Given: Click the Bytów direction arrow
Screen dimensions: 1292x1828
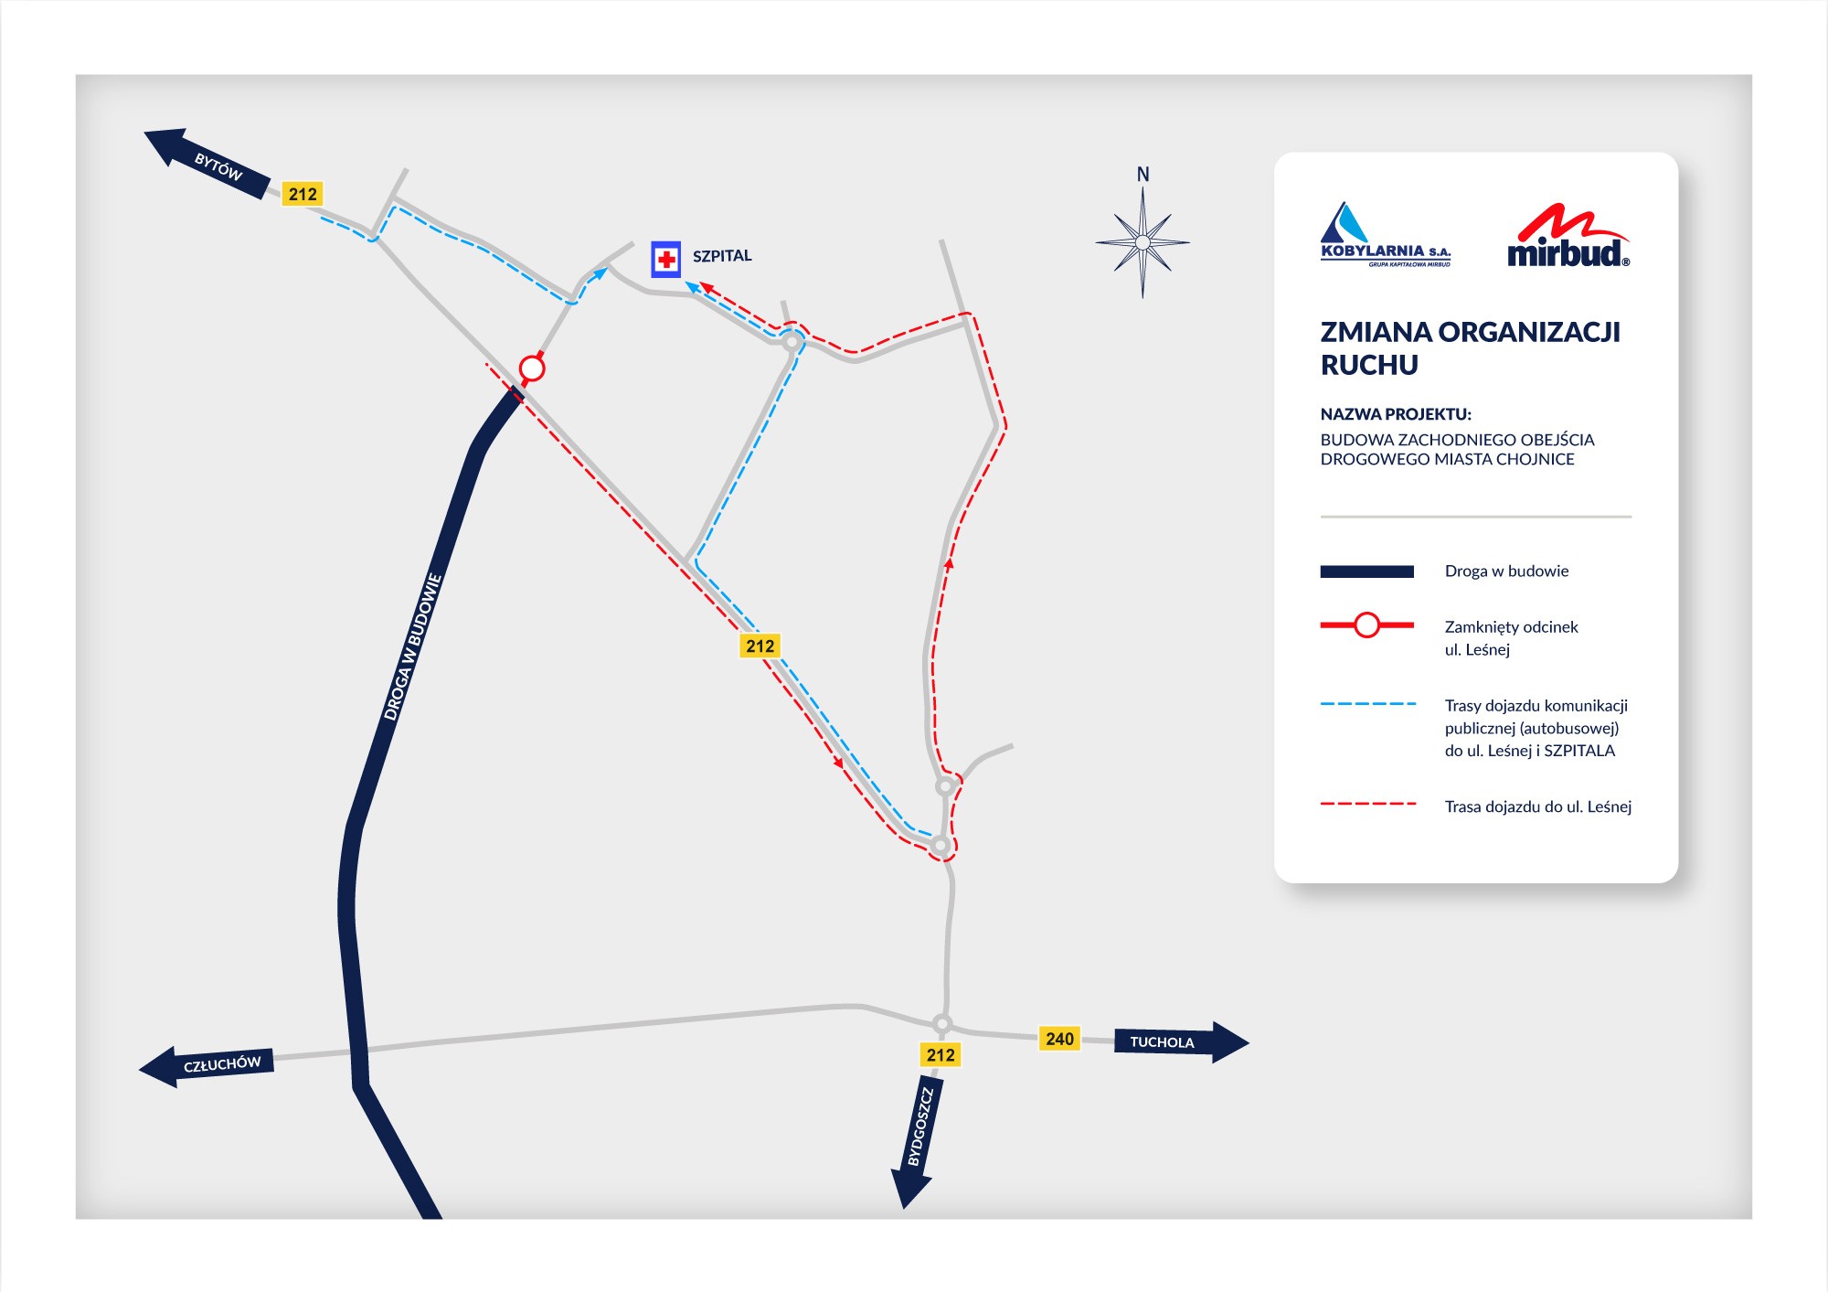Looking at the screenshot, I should click(x=208, y=163).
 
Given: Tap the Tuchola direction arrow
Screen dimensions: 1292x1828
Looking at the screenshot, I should click(x=1179, y=1041).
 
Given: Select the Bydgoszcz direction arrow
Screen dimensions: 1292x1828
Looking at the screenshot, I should click(x=917, y=1143).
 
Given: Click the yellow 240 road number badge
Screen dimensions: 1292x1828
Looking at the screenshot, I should click(x=1059, y=1039).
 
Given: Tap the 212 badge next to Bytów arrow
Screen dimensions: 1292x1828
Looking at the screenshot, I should click(x=303, y=194).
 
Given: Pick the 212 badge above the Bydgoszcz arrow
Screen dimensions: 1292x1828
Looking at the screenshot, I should click(x=941, y=1055).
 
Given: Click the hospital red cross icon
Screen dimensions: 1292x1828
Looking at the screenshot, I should click(x=666, y=260).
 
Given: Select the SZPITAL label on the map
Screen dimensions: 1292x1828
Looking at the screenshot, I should click(x=722, y=256).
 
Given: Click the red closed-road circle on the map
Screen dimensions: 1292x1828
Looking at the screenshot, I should click(x=532, y=368).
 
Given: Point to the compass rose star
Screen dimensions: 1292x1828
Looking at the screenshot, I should click(x=1142, y=242).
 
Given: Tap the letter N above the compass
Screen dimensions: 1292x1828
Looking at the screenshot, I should click(x=1142, y=174).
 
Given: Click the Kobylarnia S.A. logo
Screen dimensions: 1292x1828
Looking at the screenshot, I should click(x=1385, y=236).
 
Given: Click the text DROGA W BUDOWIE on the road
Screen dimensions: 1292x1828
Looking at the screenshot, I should click(x=412, y=646).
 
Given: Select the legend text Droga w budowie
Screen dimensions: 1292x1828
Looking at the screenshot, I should click(x=1506, y=571).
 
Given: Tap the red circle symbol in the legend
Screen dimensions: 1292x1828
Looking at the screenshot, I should click(x=1366, y=625).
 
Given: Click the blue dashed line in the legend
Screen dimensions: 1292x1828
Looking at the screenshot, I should click(x=1367, y=704).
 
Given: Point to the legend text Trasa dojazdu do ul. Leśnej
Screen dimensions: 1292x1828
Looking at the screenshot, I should click(x=1537, y=806).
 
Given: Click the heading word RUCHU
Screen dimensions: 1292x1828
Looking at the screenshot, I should click(x=1369, y=365).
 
